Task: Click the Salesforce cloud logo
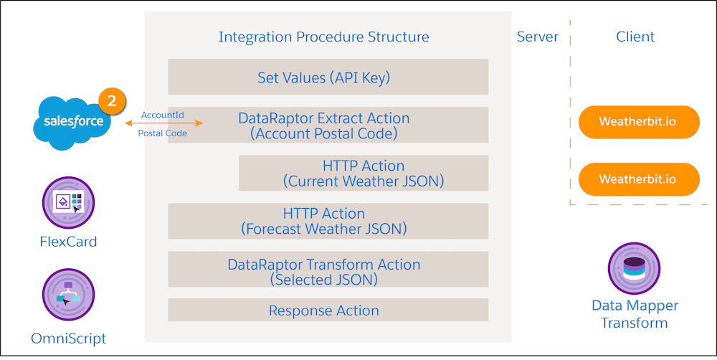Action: coord(72,122)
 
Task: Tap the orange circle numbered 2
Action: coord(111,101)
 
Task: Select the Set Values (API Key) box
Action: coord(328,77)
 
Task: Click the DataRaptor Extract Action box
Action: coord(328,125)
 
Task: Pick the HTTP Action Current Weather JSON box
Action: coord(364,173)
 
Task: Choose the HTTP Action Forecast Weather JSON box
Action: coord(328,221)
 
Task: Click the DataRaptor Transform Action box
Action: coord(328,271)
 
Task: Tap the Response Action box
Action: coord(328,311)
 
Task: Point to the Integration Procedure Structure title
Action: coord(324,37)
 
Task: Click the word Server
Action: coord(538,37)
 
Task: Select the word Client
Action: coord(635,37)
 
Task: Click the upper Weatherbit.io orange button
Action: coord(638,123)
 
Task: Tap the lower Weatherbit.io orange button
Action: coord(638,179)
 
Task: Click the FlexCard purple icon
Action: coord(69,203)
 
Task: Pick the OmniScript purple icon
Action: coord(69,294)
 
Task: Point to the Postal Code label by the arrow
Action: coord(162,133)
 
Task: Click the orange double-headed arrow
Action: coord(164,123)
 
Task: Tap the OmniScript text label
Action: coord(69,338)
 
